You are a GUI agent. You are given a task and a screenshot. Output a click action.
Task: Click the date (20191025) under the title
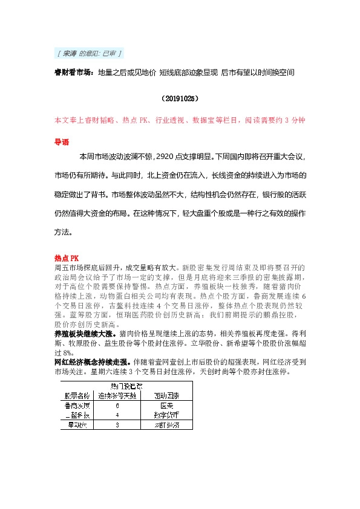(x=180, y=97)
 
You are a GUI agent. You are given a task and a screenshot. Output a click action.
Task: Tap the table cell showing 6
(x=116, y=406)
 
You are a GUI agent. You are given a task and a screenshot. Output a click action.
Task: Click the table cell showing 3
(x=116, y=426)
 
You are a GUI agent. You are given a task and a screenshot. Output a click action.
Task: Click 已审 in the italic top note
(x=110, y=54)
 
